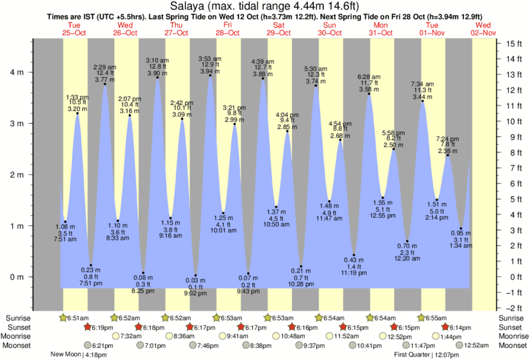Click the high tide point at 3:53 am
point(211,75)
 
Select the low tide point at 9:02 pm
point(195,275)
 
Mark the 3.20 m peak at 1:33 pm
point(78,114)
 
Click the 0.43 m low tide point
point(354,255)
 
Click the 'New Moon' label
point(66,354)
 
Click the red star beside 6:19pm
point(87,327)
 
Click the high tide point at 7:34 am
point(422,101)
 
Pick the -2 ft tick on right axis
point(513,308)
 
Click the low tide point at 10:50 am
point(276,207)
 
